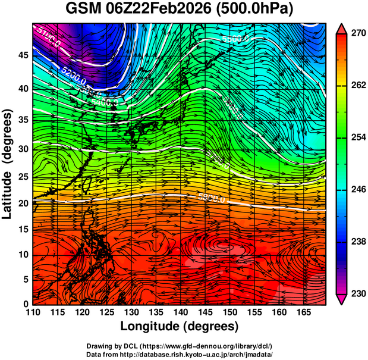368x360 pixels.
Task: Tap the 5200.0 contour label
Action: point(73,74)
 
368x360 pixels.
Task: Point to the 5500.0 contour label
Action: point(235,39)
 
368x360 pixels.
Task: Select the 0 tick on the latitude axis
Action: point(24,304)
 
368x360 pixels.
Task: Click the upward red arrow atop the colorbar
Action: point(342,27)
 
